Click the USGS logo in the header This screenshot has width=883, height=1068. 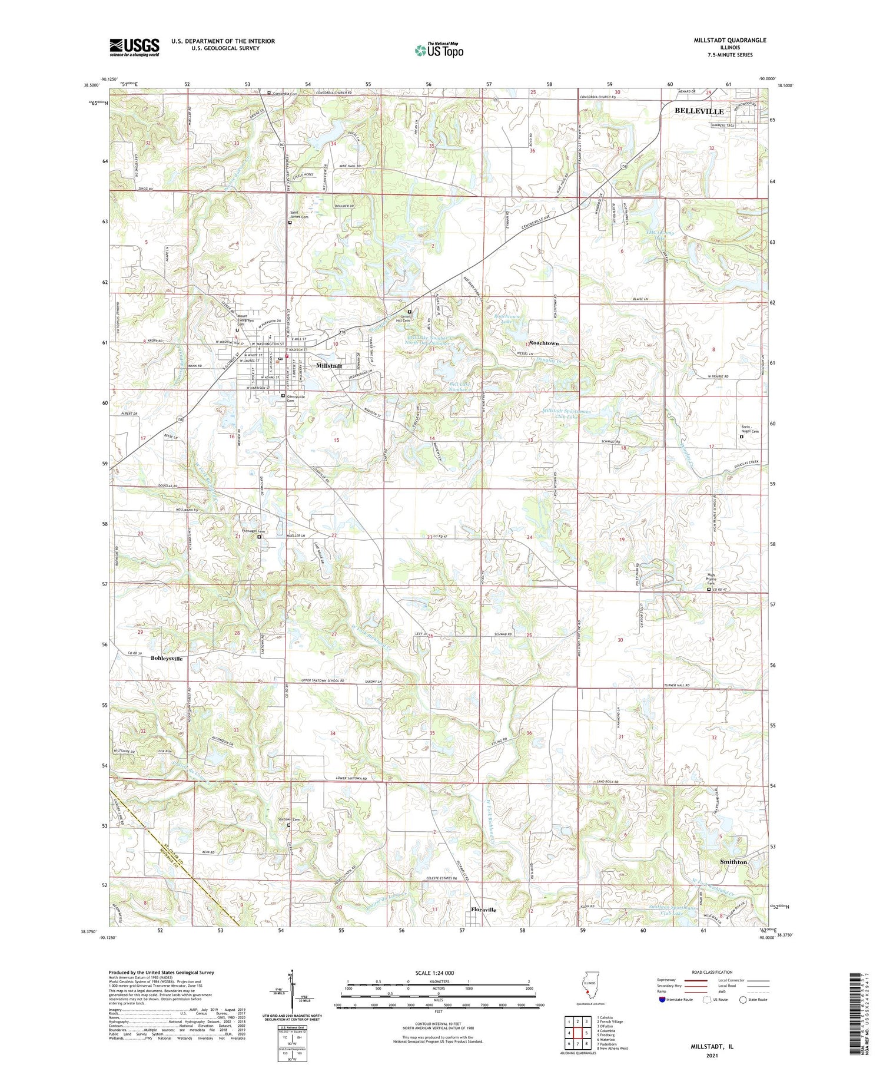tap(134, 47)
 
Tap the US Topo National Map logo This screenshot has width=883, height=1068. tap(439, 50)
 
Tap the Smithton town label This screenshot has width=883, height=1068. tap(733, 862)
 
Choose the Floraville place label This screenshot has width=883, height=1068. tap(483, 910)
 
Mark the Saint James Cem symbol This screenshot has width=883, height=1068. tap(290, 223)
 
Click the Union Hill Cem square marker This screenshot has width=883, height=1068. tap(410, 312)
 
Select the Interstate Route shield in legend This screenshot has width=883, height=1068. tap(662, 999)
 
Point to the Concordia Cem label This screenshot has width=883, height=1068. tap(285, 93)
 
